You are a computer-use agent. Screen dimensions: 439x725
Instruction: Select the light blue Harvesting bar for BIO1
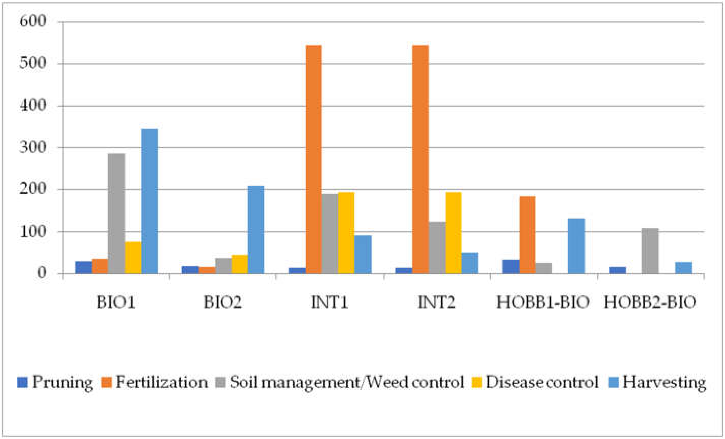149,201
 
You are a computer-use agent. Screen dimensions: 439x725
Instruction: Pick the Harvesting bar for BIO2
256,230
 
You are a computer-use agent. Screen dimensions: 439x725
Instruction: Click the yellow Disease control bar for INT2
453,233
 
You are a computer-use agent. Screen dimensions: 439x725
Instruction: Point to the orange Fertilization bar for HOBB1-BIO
527,235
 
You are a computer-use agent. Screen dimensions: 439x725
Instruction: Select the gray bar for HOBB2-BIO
650,251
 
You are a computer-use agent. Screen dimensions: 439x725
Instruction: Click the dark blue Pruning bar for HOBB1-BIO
511,267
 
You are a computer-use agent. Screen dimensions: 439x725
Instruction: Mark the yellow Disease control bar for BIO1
133,257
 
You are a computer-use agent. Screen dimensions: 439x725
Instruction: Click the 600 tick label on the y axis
33,21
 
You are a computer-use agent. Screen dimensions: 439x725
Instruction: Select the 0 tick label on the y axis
42,273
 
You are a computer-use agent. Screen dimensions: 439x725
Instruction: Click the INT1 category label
330,302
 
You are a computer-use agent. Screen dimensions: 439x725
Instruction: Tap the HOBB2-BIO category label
650,302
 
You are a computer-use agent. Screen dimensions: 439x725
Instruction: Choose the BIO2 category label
223,302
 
